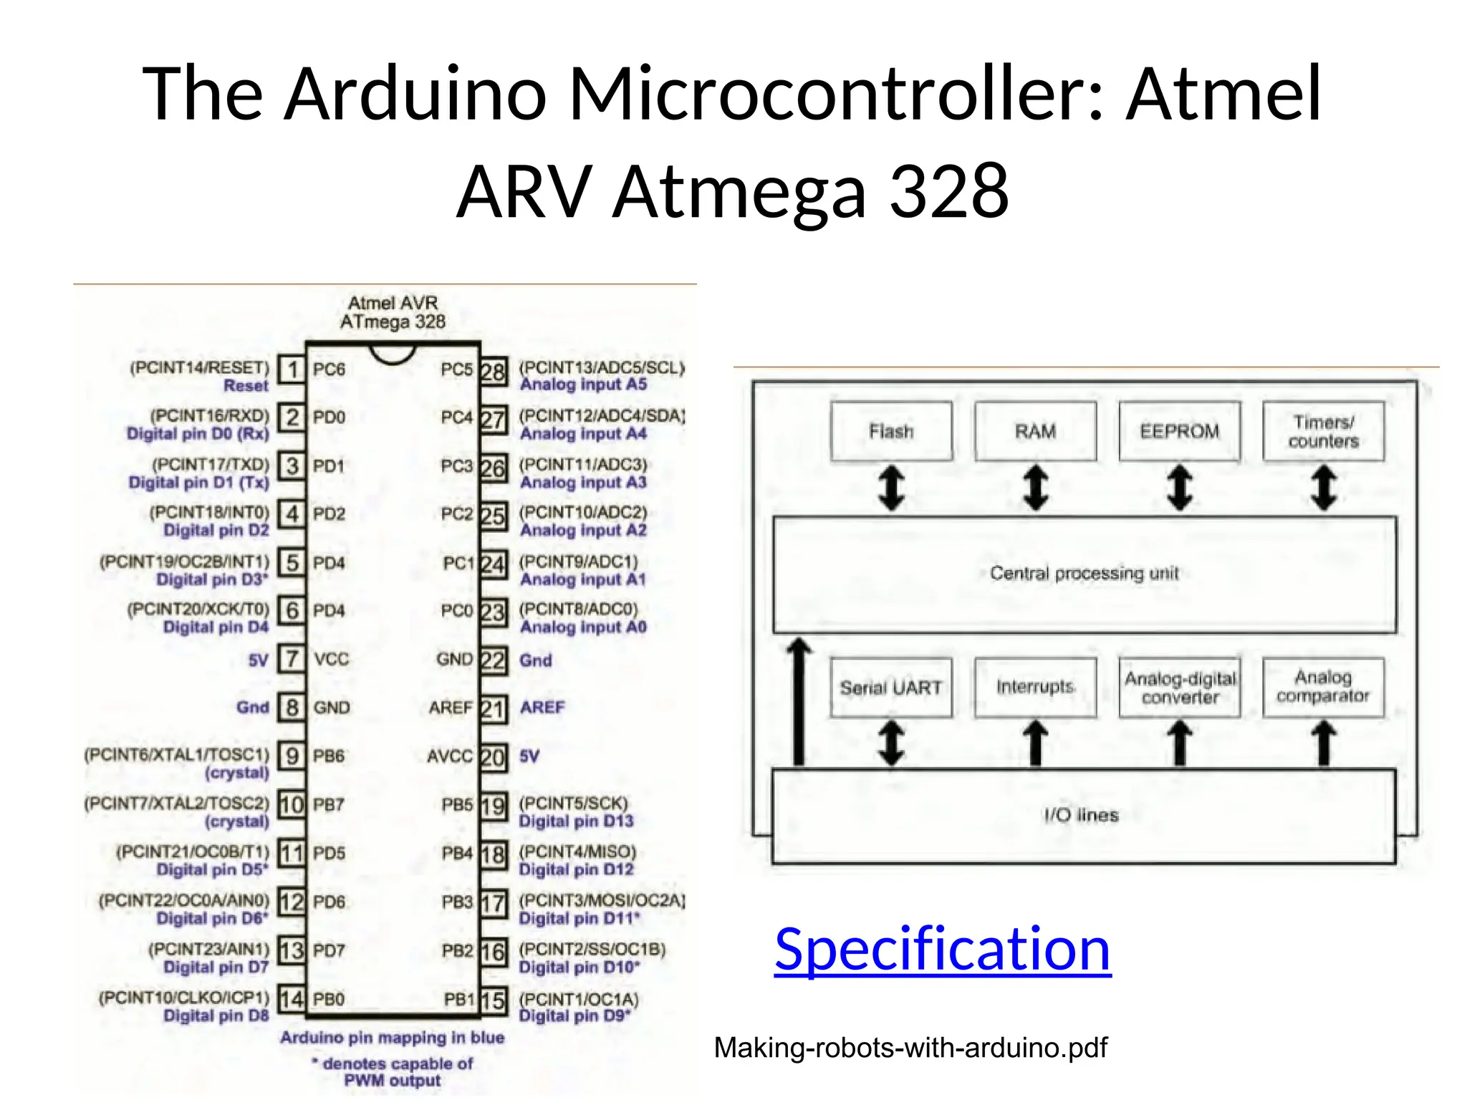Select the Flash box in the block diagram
pos(891,431)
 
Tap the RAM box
pos(1035,431)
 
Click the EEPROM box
pos(1180,431)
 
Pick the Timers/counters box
pos(1324,431)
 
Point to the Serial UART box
pos(891,687)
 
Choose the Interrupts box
pos(1035,687)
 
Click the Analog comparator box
pos(1323,687)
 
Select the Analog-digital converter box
pos(1180,687)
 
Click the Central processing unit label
pos(1084,573)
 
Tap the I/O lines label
pos(1081,815)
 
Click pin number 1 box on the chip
pos(292,370)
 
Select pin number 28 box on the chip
pos(493,372)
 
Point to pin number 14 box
pos(292,998)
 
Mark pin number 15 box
pos(493,1000)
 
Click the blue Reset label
pos(246,386)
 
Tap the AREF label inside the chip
pos(451,708)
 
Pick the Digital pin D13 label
pos(576,821)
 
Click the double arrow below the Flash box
pos(891,488)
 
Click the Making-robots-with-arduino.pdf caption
pos(910,1048)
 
